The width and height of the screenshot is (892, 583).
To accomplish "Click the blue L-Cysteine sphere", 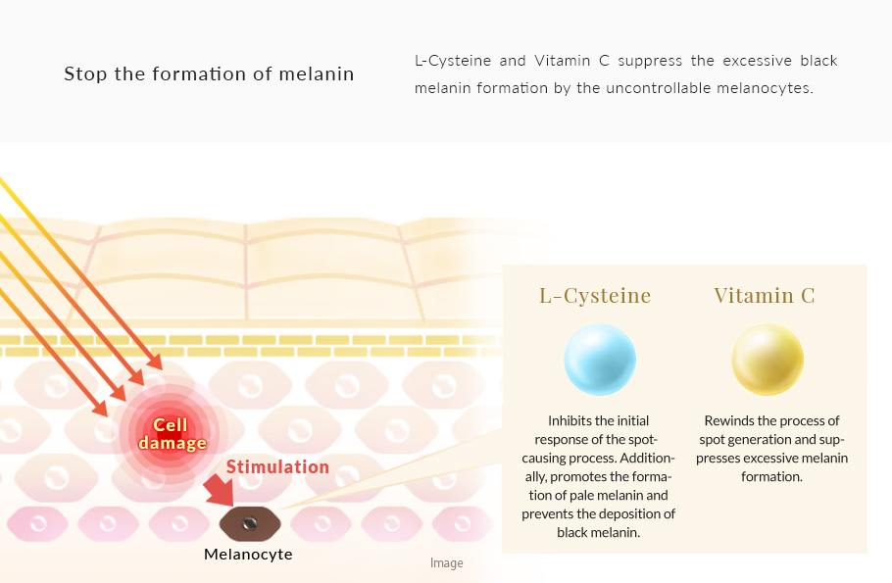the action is point(600,360).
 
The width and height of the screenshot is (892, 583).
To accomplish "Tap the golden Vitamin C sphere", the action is point(768,360).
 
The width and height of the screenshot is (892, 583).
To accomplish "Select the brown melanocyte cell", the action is point(250,523).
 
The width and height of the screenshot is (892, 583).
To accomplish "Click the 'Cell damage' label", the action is point(172,433).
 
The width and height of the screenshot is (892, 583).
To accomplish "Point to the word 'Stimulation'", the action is point(277,467).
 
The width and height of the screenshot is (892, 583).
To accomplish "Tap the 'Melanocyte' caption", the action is point(248,554).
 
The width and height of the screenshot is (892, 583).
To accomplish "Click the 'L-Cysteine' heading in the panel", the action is point(595,295).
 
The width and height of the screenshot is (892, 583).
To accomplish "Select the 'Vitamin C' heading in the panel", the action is point(765,295).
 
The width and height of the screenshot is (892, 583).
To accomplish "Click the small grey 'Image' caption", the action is point(447,563).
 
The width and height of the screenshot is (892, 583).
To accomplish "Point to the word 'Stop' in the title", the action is point(85,73).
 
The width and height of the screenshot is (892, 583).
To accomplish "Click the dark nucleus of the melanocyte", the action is point(249,522).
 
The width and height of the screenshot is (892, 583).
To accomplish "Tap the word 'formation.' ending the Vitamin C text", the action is point(771,476).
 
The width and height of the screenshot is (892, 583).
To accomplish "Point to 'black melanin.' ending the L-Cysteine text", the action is point(599,533).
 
